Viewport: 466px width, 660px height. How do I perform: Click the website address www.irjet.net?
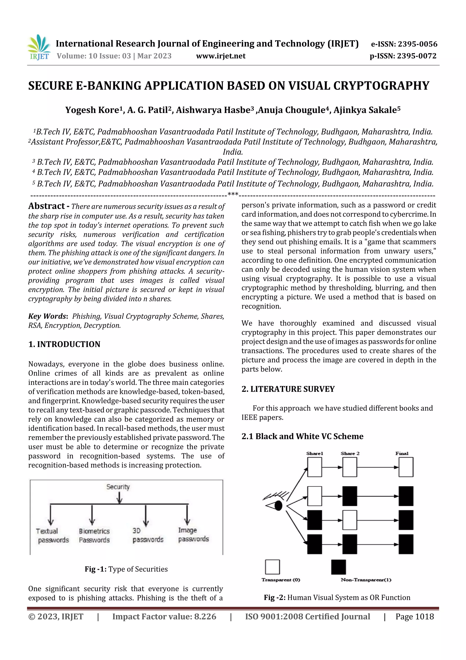(x=220, y=56)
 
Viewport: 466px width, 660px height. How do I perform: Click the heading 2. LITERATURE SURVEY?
(x=288, y=389)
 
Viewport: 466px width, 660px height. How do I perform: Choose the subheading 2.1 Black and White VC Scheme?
(x=302, y=436)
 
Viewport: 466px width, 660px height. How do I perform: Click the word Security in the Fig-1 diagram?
(x=118, y=487)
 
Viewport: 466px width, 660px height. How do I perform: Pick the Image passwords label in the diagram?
(x=193, y=534)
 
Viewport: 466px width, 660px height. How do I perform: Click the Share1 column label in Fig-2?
(x=314, y=453)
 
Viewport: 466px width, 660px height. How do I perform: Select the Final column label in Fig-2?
(x=402, y=453)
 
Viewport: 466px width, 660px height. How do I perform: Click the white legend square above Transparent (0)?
(x=272, y=567)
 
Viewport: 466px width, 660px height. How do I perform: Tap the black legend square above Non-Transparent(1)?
(x=339, y=567)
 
